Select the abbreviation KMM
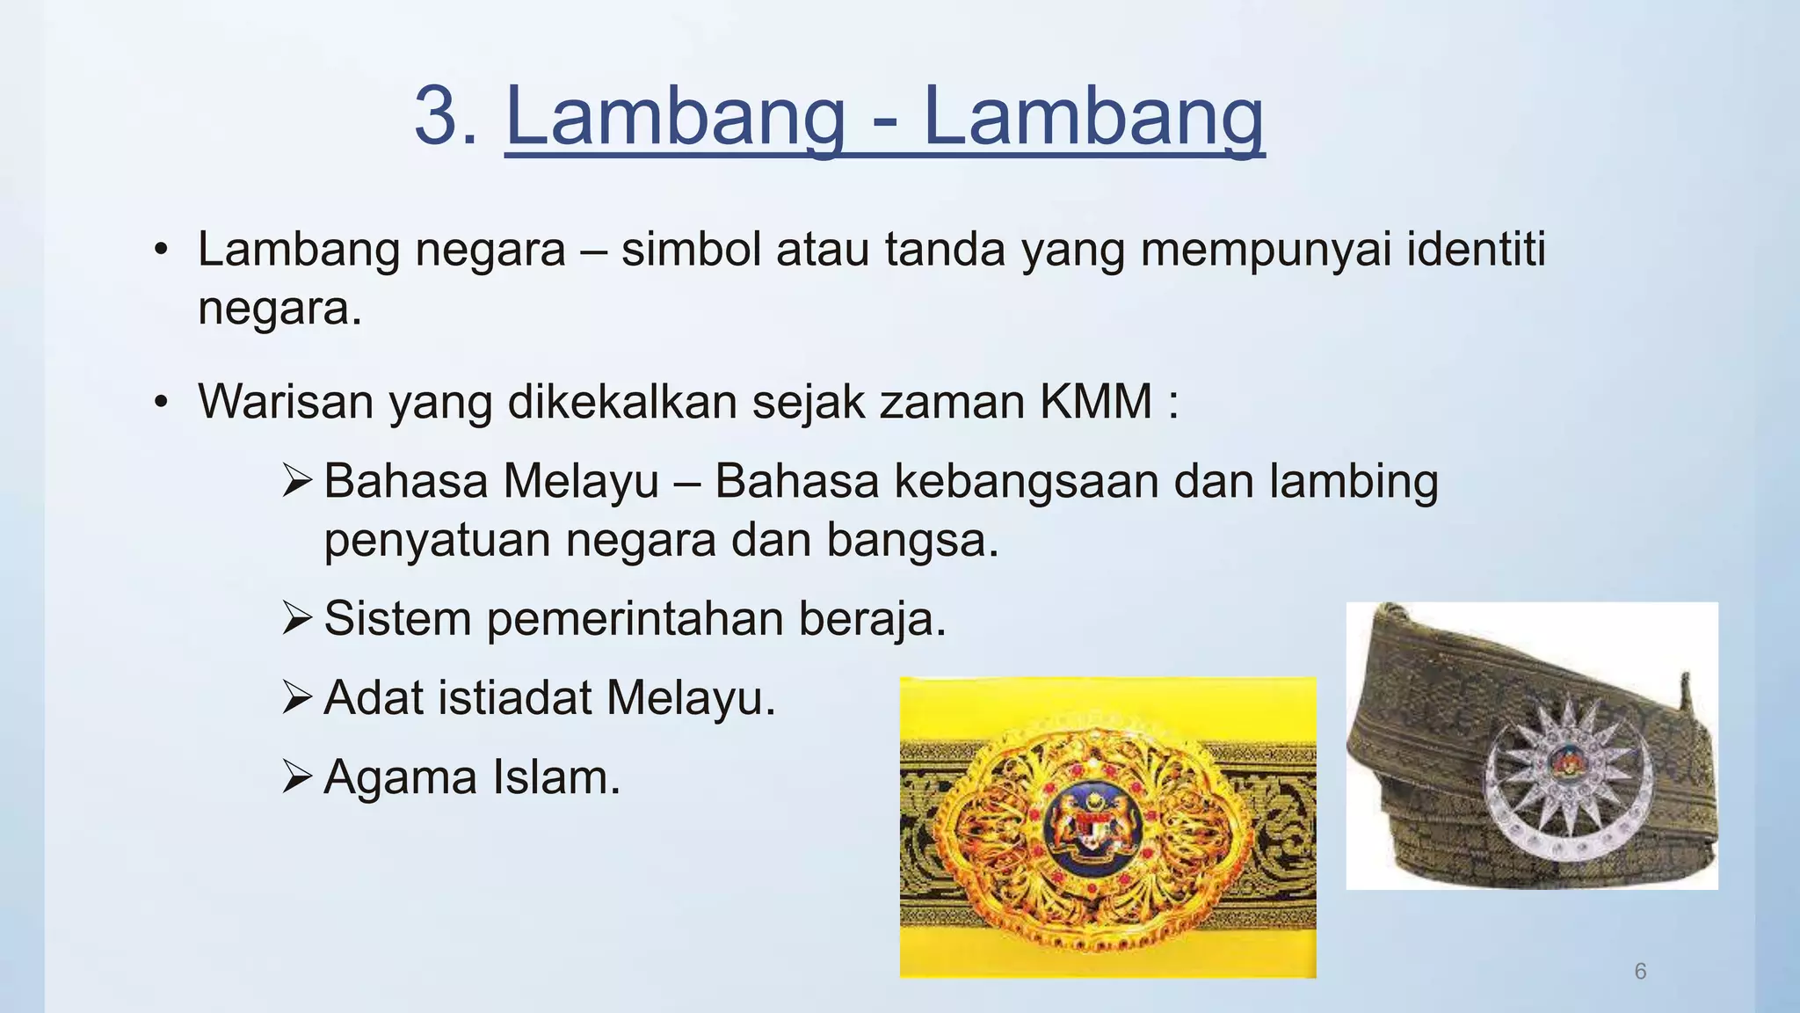click(1095, 402)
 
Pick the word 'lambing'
click(1354, 482)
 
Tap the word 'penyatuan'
click(437, 540)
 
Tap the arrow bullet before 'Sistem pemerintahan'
click(297, 618)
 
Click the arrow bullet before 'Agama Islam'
click(297, 777)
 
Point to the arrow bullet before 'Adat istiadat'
click(297, 698)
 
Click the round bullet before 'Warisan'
click(160, 403)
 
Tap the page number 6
click(1640, 971)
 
